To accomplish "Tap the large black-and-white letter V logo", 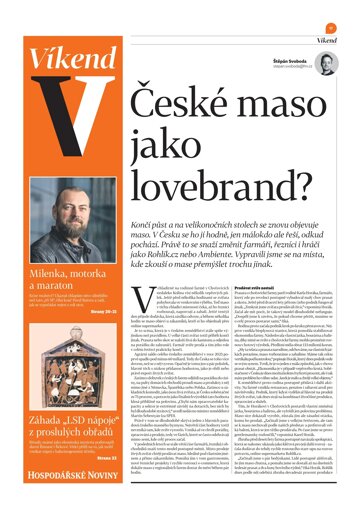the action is point(59,140).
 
